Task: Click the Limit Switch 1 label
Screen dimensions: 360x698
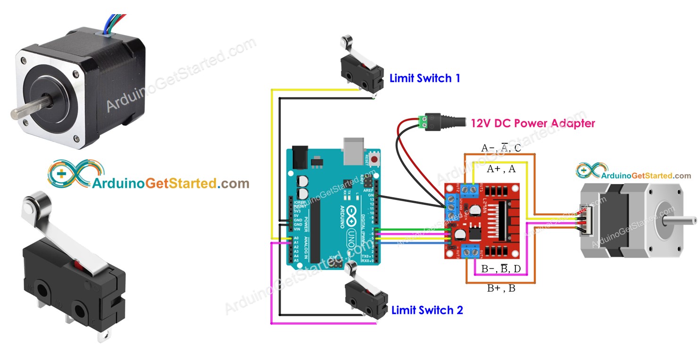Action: pos(424,78)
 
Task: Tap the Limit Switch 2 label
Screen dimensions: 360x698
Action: pos(427,310)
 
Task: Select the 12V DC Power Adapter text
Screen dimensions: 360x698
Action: pos(533,124)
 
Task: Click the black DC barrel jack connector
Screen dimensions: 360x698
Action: pos(443,121)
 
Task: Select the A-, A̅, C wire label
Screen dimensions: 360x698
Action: pos(501,148)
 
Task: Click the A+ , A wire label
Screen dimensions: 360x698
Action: pos(501,169)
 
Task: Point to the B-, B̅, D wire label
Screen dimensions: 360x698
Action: pos(501,269)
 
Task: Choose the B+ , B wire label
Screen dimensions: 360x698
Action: pos(501,289)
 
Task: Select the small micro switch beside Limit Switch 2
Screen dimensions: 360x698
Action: pos(366,300)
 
